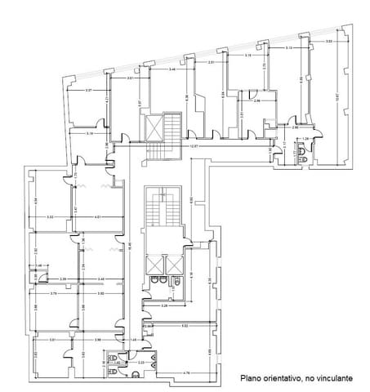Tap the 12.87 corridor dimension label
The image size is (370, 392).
(194, 147)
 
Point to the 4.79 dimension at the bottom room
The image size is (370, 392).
(187, 372)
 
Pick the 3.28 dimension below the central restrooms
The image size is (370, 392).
(164, 305)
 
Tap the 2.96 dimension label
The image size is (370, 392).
(256, 100)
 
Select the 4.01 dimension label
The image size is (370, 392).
(96, 216)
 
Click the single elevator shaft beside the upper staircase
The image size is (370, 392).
(154, 126)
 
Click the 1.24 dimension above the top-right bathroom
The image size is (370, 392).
(305, 139)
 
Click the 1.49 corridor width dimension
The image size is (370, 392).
(134, 339)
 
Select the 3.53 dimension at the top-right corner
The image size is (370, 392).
(328, 42)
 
